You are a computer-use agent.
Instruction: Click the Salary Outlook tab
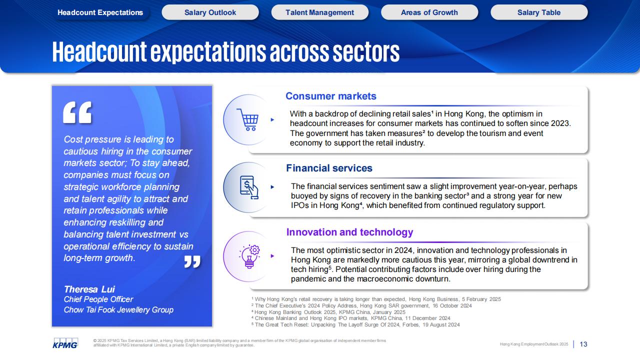click(x=210, y=12)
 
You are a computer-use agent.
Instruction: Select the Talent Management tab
click(x=319, y=12)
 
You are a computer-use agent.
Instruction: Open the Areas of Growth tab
click(x=429, y=12)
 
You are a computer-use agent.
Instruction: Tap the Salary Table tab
click(x=539, y=12)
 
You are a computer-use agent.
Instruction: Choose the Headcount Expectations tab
click(x=100, y=12)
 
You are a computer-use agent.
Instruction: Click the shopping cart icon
click(x=247, y=119)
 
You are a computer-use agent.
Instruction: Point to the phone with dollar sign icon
click(x=249, y=187)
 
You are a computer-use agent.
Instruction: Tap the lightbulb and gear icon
click(x=249, y=256)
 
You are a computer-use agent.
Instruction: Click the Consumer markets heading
click(x=331, y=96)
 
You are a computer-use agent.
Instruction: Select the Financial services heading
click(x=329, y=168)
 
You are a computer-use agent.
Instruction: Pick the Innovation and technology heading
click(x=349, y=232)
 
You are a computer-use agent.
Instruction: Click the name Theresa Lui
click(x=89, y=289)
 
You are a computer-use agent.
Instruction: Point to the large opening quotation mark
click(x=77, y=112)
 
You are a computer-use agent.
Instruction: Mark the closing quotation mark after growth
click(x=192, y=261)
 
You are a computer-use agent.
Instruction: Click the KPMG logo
click(x=65, y=343)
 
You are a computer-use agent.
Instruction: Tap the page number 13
click(x=583, y=344)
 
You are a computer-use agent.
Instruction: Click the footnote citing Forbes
click(x=355, y=325)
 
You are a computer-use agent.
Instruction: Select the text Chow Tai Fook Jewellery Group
click(x=118, y=310)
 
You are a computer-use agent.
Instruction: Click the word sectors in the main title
click(x=366, y=52)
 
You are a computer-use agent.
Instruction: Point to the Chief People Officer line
click(x=98, y=299)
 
